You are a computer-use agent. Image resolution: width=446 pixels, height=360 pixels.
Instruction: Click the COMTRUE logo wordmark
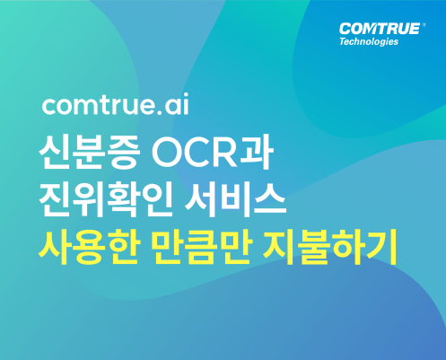click(x=380, y=29)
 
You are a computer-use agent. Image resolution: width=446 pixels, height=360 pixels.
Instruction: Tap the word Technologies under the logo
click(x=369, y=41)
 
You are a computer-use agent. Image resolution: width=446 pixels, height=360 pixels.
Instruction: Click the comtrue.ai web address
click(x=116, y=104)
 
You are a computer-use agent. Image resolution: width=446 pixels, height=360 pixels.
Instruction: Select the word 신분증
click(x=90, y=152)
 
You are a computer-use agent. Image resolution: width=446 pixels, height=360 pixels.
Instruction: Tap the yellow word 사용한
click(x=90, y=247)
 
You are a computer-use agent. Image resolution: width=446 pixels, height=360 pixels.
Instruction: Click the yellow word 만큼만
click(x=203, y=247)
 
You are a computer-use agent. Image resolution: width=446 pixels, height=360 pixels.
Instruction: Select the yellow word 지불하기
click(x=330, y=247)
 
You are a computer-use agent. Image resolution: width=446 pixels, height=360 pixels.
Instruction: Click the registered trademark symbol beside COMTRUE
click(x=424, y=25)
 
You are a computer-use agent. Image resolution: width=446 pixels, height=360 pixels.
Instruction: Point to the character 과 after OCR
click(x=257, y=152)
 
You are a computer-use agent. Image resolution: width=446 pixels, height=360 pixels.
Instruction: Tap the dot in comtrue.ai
click(x=159, y=112)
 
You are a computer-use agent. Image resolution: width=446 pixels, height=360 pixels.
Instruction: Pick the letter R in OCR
click(x=226, y=153)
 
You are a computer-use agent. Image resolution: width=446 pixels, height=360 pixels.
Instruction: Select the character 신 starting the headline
click(x=56, y=152)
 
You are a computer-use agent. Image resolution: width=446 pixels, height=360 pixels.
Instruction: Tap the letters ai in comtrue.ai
click(x=177, y=104)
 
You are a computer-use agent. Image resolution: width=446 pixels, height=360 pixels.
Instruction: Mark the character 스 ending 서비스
click(x=270, y=199)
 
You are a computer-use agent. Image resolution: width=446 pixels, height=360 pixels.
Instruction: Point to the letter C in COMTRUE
click(x=345, y=29)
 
